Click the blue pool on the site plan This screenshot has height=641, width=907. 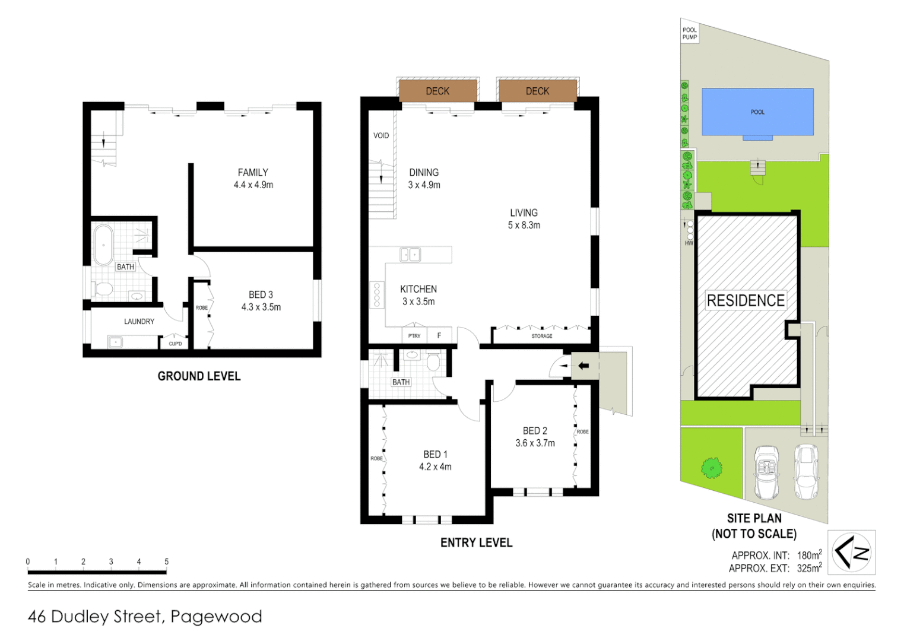pos(757,112)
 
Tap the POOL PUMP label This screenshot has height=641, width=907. pos(689,34)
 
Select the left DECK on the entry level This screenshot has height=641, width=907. pos(437,91)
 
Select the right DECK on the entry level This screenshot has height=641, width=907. pos(537,91)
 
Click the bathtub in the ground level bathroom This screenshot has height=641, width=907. pos(103,245)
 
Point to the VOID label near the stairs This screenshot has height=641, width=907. pos(381,135)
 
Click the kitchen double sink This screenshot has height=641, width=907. pos(410,255)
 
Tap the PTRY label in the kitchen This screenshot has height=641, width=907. pos(414,336)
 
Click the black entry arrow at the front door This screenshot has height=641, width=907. pos(583,366)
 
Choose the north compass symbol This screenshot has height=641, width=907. pos(851,553)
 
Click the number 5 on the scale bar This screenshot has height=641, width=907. pos(166,561)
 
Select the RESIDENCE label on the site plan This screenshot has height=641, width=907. pos(746,300)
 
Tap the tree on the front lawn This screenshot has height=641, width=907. pos(711,468)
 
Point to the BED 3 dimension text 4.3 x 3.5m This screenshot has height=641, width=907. pos(261,307)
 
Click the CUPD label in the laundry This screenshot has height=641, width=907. pos(175,344)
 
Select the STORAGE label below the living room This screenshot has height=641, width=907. pos(541,336)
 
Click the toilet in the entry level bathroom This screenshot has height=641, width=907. pos(433,361)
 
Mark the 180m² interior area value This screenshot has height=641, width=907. pos(809,555)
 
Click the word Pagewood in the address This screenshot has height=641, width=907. pos(216,617)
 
